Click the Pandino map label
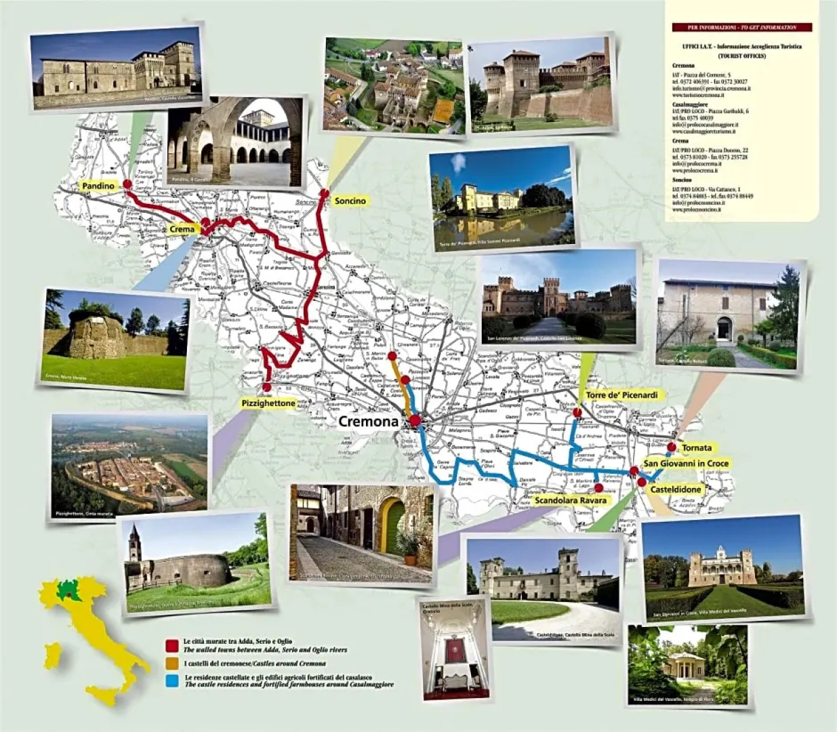pos(98,186)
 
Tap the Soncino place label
pos(350,201)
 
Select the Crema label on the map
pos(182,230)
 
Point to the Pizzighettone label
pos(268,403)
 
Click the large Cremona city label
pos(368,421)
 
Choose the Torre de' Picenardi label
pos(621,394)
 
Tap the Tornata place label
pos(696,448)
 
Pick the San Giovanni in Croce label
pos(686,464)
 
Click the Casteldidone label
pos(676,489)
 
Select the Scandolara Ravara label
pos(570,500)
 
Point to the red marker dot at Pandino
pos(127,183)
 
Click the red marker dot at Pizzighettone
pos(266,388)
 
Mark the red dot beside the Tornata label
pos(671,447)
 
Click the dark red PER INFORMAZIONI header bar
pos(741,27)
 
